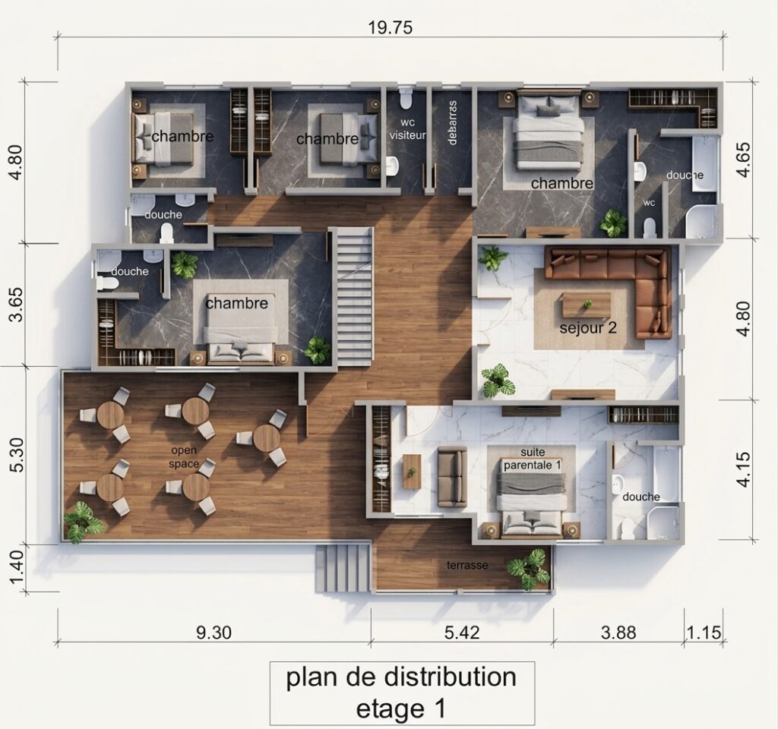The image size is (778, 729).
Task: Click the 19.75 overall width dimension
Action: [x=390, y=27]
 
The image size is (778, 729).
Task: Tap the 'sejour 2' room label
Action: [x=588, y=328]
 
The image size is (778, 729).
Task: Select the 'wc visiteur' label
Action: [x=407, y=128]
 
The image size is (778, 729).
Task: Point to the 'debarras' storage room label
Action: [x=451, y=122]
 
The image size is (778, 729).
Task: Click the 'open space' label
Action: [x=184, y=457]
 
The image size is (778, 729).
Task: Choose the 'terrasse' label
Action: [x=467, y=565]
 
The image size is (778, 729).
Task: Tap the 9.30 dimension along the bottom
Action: [x=213, y=633]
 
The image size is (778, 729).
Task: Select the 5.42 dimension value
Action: [x=462, y=633]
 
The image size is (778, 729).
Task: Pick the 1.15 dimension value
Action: [x=704, y=633]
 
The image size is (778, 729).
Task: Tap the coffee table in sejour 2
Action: [x=586, y=305]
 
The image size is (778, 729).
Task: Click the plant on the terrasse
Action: [x=530, y=568]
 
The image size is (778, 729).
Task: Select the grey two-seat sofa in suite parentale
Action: [x=451, y=476]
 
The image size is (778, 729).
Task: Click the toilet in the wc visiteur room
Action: [x=406, y=98]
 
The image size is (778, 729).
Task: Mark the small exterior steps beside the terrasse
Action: [x=343, y=567]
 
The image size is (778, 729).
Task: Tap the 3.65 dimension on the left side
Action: [x=17, y=305]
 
